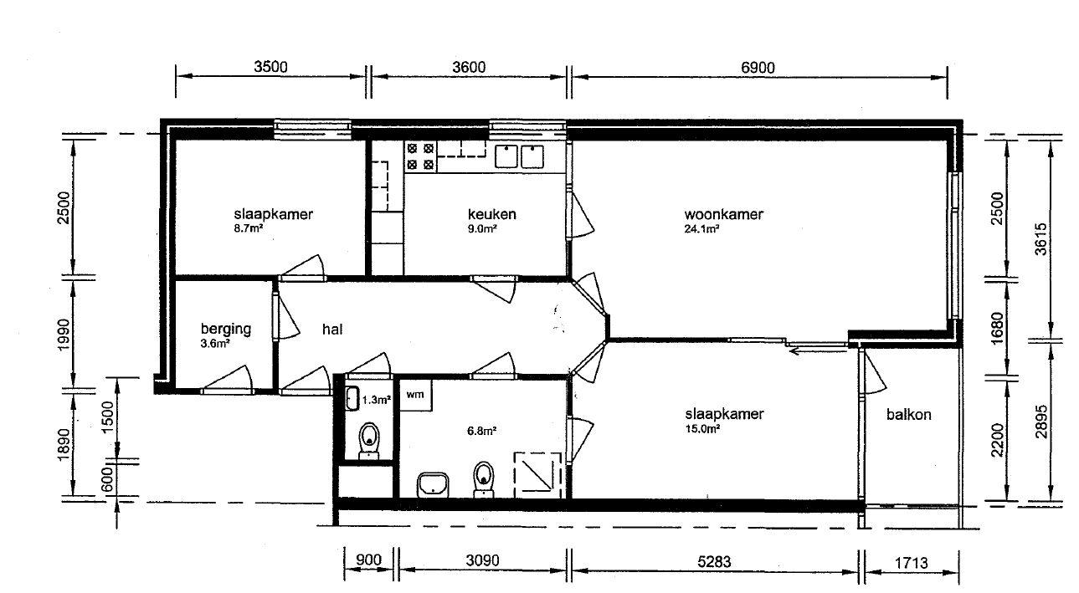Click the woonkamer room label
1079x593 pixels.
pos(723,214)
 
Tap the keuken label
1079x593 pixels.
pos(492,214)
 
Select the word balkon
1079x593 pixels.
pos(908,414)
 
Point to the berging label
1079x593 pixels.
pos(226,330)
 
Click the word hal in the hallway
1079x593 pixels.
pos(332,330)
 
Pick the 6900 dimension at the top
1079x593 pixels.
pos(758,68)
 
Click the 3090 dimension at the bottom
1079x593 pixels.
pos(482,560)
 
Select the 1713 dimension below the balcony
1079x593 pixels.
pos(911,563)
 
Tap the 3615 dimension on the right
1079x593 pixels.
pos(1040,238)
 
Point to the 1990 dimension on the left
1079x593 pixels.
pos(64,335)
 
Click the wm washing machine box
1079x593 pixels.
pos(416,395)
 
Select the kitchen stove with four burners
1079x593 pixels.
pos(420,157)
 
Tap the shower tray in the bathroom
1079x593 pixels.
pos(537,475)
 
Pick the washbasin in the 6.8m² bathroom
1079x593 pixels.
pos(433,484)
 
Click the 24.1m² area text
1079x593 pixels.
pos(701,229)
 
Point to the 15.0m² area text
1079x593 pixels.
pos(702,429)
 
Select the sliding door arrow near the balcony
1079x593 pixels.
pos(818,351)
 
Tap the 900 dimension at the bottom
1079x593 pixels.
pos(368,560)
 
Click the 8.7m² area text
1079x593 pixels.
pos(249,228)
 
